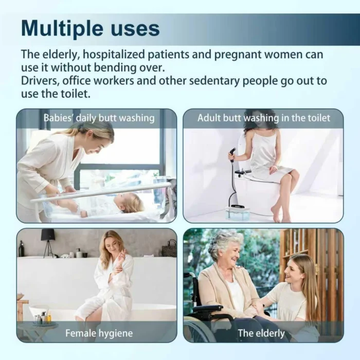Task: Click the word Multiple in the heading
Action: [62, 29]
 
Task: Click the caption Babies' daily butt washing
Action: [99, 118]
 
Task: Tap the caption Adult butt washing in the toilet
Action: [263, 118]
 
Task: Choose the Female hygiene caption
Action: [99, 333]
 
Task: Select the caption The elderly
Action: [261, 333]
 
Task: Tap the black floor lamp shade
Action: [48, 235]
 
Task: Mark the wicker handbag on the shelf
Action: [169, 248]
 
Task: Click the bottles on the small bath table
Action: [43, 317]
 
